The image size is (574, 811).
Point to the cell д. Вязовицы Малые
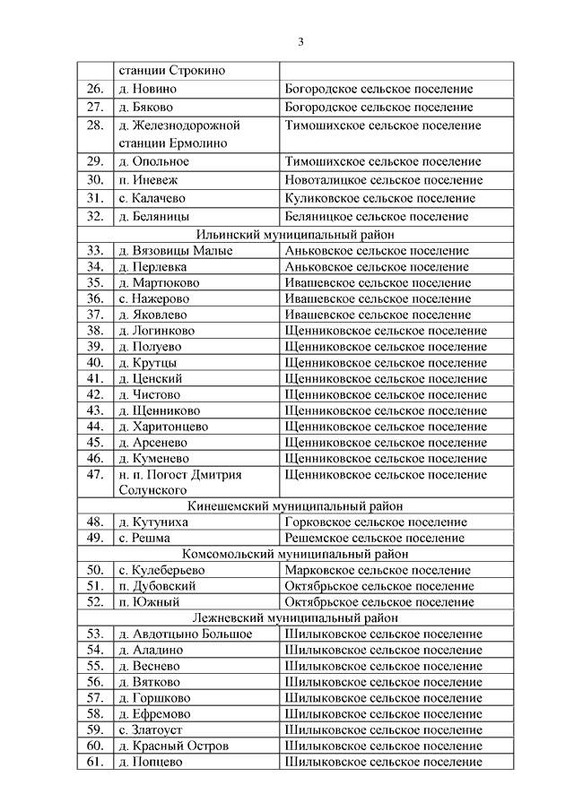[175, 251]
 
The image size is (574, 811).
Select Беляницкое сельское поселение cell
[375, 217]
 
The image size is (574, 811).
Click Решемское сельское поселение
[374, 538]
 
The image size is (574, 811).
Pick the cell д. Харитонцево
[162, 427]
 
